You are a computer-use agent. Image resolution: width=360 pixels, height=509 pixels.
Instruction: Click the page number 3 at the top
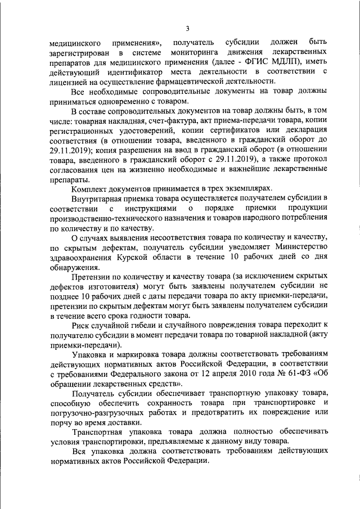pos(188,29)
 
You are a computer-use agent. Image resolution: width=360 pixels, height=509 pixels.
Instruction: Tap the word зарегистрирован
pos(79,52)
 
